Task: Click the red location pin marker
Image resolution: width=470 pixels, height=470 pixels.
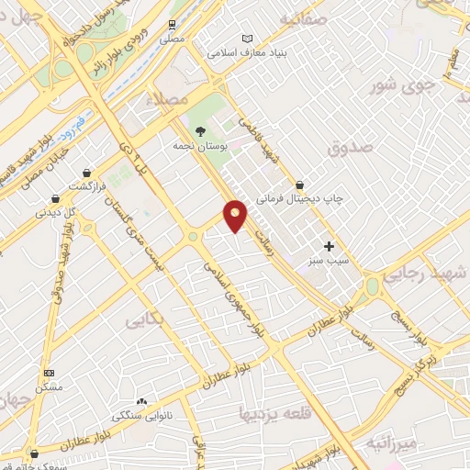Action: pyautogui.click(x=236, y=215)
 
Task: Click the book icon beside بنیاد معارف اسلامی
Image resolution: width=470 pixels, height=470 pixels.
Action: pyautogui.click(x=246, y=38)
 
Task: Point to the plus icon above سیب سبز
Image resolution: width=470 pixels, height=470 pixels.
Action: pyautogui.click(x=329, y=246)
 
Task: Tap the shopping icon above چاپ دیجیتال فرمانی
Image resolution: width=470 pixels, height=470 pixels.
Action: pyautogui.click(x=299, y=185)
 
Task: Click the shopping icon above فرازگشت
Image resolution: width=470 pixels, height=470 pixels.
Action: pyautogui.click(x=87, y=172)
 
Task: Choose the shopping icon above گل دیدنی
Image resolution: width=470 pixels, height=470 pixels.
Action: pyautogui.click(x=56, y=197)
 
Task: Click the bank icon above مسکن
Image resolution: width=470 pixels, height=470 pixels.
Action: pyautogui.click(x=50, y=373)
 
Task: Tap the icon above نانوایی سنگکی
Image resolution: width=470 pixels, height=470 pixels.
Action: pyautogui.click(x=141, y=401)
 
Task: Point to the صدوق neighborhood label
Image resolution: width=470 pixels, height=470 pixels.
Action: pyautogui.click(x=350, y=146)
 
